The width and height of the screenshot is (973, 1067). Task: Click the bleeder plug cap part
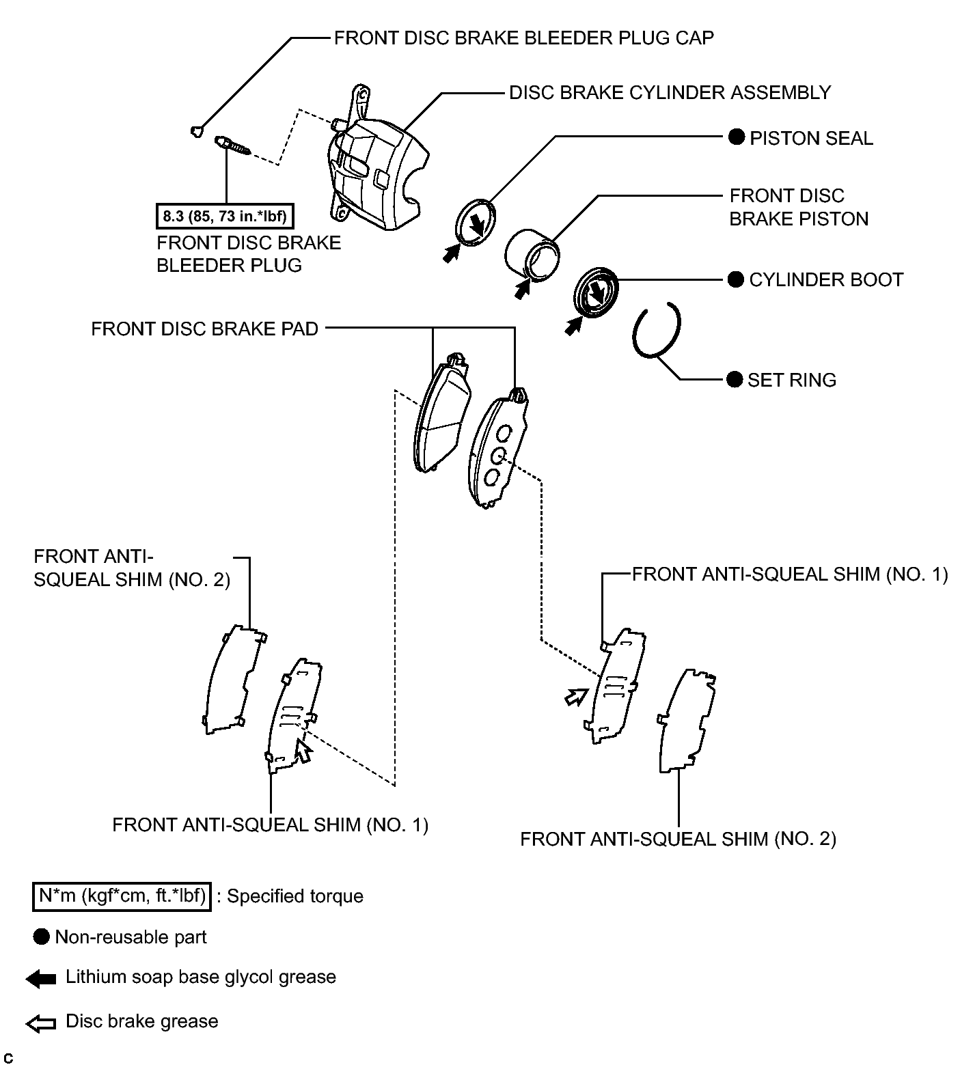click(x=196, y=131)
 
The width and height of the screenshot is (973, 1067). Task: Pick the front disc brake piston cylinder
click(x=533, y=253)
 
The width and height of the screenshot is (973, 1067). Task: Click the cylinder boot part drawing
click(x=594, y=292)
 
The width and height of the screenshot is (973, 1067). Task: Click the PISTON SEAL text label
click(x=811, y=139)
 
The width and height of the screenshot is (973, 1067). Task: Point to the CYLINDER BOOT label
click(x=826, y=280)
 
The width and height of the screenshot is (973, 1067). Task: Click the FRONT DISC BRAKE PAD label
click(x=204, y=329)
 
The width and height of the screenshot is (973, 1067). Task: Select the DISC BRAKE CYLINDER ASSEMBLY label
click(x=670, y=93)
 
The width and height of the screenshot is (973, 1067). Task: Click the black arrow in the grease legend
click(x=41, y=979)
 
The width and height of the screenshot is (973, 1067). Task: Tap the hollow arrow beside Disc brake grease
click(x=41, y=1023)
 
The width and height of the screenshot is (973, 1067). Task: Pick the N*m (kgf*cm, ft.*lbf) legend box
click(x=122, y=896)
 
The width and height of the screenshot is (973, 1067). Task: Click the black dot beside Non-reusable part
click(x=42, y=937)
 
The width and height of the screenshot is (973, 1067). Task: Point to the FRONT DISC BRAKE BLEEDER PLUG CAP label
click(x=523, y=38)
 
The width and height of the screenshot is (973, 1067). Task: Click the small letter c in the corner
click(x=8, y=1058)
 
